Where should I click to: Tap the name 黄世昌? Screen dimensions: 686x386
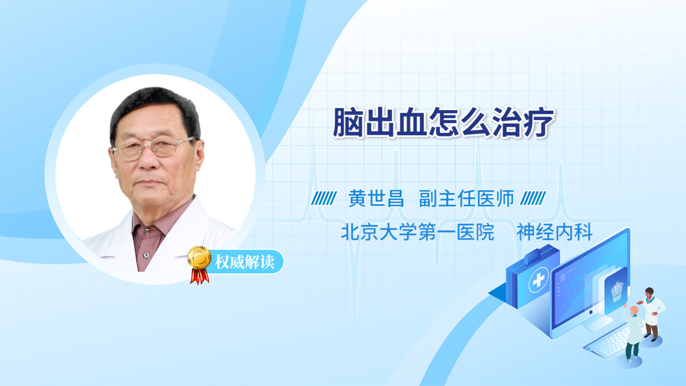point(376,199)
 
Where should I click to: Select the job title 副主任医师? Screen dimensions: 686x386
point(466,199)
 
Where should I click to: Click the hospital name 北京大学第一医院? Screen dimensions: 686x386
point(418,232)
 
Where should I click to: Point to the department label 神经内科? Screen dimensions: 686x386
point(554,232)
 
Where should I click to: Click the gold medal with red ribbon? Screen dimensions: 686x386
point(199,265)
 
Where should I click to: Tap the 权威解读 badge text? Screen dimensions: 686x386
point(244,262)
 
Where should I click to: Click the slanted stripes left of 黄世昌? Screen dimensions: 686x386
point(324,198)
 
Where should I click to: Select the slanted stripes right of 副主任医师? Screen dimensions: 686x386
point(533,198)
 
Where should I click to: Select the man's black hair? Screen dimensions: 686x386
point(155,110)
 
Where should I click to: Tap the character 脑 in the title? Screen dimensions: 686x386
point(348,122)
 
